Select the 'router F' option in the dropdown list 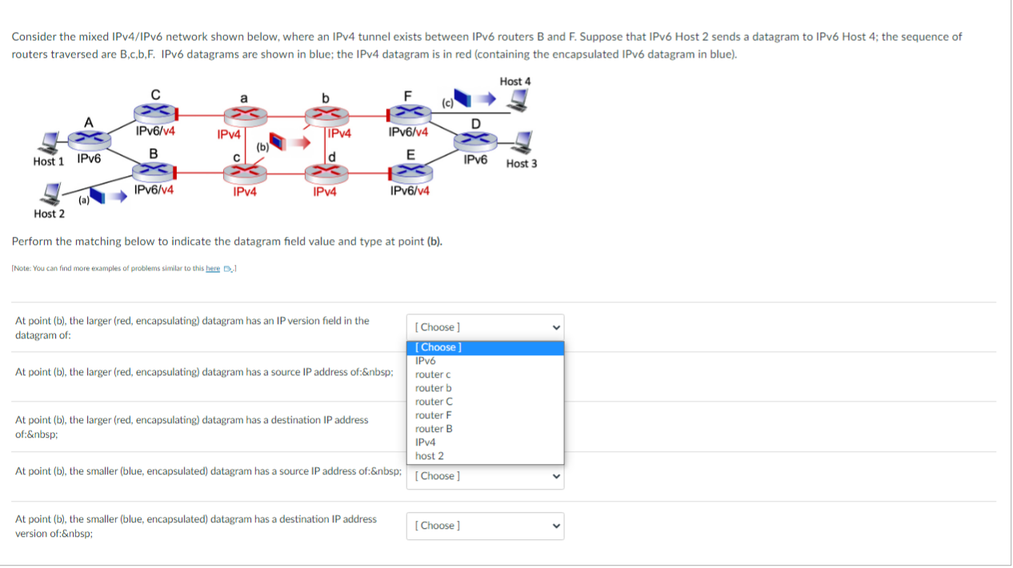tap(433, 415)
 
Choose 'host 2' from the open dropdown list tap(429, 456)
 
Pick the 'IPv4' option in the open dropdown tap(425, 442)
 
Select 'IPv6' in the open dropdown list tap(425, 361)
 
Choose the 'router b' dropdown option tap(433, 388)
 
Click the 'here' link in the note tap(213, 268)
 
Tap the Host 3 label tap(522, 164)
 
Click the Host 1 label tap(48, 162)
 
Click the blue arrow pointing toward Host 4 tap(485, 100)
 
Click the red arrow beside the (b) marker tap(300, 143)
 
